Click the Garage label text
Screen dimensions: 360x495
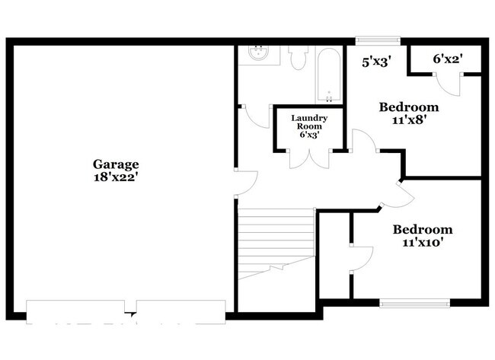point(116,164)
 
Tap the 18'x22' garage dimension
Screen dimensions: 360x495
point(116,177)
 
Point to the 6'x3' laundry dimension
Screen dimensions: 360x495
point(309,135)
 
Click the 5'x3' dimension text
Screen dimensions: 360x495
point(375,62)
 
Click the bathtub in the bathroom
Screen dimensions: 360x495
point(330,76)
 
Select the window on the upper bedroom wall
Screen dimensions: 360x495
point(378,40)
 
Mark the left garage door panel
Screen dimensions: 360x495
point(75,307)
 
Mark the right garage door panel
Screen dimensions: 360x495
point(180,307)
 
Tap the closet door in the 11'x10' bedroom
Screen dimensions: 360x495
point(359,259)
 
